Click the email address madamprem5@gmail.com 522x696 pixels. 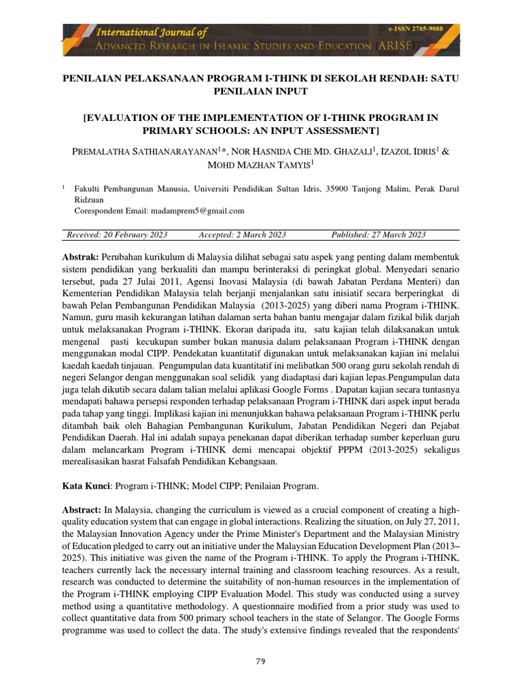(x=204, y=211)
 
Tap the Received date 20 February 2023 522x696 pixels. (x=117, y=234)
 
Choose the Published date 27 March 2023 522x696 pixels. (x=378, y=234)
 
